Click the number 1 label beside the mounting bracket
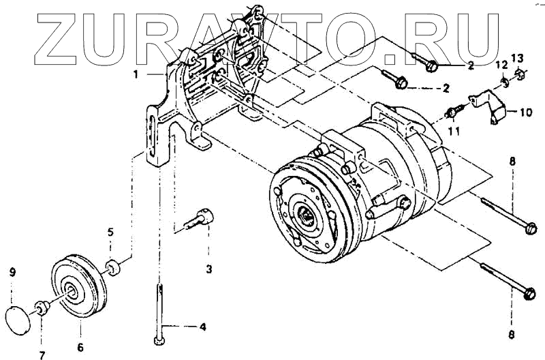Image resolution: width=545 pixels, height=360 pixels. [136, 74]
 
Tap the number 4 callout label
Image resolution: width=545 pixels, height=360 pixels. [202, 327]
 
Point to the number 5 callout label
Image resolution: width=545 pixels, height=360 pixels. [110, 232]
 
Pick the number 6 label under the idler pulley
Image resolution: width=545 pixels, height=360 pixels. [80, 348]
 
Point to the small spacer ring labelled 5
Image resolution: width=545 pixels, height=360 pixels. [112, 265]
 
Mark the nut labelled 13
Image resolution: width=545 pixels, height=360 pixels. [518, 74]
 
